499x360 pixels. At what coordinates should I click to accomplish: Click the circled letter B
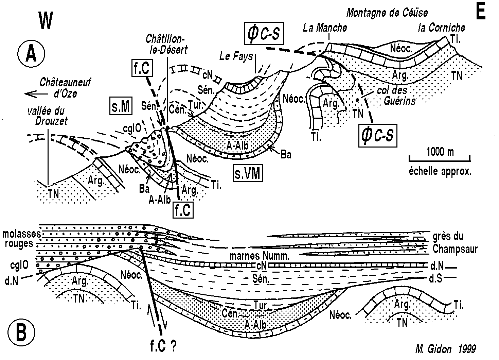click(21, 332)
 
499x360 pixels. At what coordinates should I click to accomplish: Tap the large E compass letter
click(481, 13)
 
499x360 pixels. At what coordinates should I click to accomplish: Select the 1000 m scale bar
click(440, 158)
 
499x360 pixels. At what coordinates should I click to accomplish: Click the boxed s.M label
click(120, 107)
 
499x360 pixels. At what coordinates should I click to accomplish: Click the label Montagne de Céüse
click(387, 13)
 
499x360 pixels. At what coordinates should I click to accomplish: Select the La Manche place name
click(325, 28)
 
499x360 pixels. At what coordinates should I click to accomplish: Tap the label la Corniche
click(441, 28)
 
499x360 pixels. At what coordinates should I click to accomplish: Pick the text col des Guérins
click(396, 96)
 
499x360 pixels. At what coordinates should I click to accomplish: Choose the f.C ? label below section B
click(164, 346)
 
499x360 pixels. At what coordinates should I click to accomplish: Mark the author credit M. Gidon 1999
click(445, 349)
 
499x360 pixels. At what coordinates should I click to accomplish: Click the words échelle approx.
click(440, 171)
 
